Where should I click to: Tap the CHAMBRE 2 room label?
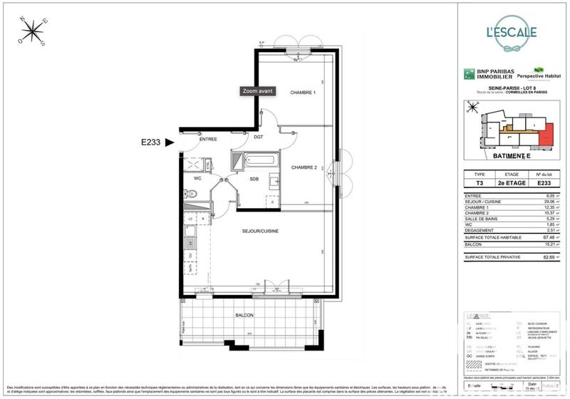pos(303,167)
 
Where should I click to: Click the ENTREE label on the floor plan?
pos(208,139)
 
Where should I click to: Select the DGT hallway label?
pos(259,136)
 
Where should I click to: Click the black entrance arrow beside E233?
pos(169,142)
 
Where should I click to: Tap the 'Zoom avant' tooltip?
pos(257,91)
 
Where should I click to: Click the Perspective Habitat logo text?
pos(537,74)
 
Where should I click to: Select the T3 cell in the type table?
pos(480,182)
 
